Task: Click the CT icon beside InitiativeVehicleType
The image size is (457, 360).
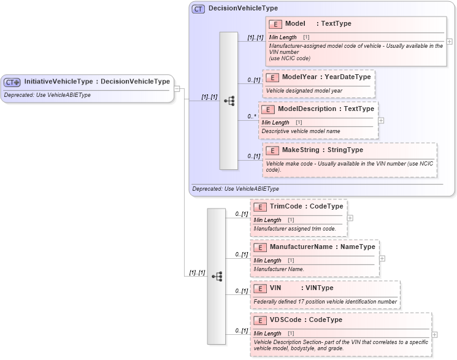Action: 12,82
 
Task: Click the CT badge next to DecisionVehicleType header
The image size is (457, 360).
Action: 199,9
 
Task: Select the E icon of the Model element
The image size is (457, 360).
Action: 275,24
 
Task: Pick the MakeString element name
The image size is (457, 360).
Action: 296,150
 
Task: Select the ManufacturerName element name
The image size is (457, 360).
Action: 300,247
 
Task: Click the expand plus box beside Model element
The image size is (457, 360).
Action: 450,42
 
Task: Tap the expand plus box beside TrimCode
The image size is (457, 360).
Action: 350,218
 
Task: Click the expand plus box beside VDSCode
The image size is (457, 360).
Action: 435,335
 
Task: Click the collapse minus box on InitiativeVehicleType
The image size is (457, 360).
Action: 177,88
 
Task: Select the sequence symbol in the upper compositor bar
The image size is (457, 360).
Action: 229,100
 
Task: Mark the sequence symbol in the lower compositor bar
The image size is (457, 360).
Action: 217,277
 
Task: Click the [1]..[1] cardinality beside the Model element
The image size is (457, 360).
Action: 255,38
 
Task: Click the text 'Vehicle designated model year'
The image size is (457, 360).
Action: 304,91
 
